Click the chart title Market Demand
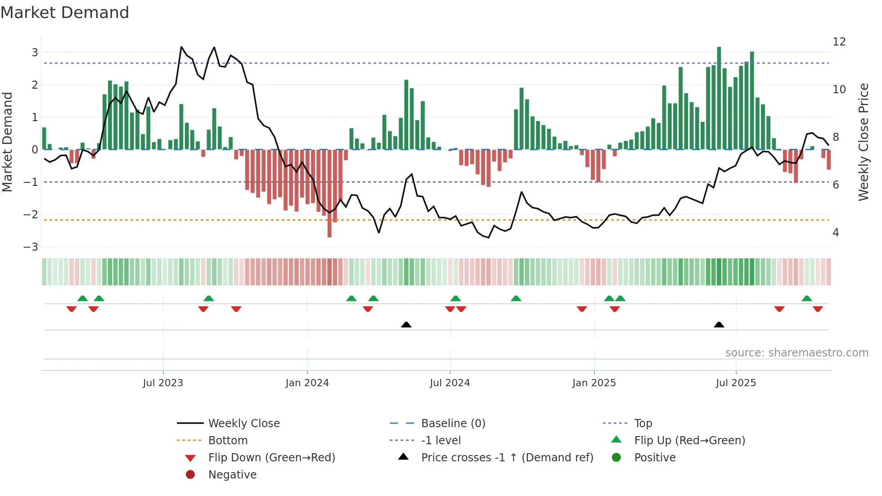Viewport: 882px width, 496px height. click(x=65, y=13)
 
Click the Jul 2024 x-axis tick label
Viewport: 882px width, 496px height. click(x=450, y=383)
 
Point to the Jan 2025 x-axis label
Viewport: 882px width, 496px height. click(x=594, y=383)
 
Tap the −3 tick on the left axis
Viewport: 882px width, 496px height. click(x=31, y=247)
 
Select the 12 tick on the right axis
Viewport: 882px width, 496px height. click(x=839, y=42)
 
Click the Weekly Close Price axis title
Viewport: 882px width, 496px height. click(x=863, y=142)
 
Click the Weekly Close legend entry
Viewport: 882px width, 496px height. click(x=243, y=424)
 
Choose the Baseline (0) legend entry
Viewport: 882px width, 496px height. click(x=453, y=424)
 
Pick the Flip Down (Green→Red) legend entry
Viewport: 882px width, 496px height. click(x=271, y=458)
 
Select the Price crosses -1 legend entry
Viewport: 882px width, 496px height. click(x=507, y=458)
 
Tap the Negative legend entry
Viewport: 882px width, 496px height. click(x=232, y=475)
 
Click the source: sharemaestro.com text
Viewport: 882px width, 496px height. click(x=796, y=353)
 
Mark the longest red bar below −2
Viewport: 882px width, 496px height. click(x=329, y=194)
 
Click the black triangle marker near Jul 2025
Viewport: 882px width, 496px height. click(x=719, y=325)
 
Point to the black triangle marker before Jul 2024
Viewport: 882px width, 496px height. click(x=406, y=325)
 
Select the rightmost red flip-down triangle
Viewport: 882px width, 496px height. click(x=818, y=309)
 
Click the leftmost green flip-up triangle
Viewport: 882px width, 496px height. click(x=82, y=298)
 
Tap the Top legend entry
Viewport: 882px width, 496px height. click(x=643, y=424)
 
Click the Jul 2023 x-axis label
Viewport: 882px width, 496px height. click(x=163, y=383)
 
